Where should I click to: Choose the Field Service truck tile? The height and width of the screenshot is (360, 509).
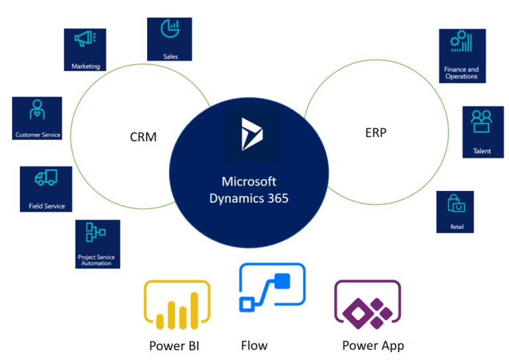click(46, 188)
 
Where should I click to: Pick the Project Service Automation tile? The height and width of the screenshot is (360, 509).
click(98, 244)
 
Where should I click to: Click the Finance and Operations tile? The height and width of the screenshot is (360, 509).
click(462, 56)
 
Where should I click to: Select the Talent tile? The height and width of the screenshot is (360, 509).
click(482, 131)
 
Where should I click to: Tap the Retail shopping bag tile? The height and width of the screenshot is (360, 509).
click(456, 211)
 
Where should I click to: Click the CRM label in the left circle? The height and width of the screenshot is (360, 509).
click(143, 138)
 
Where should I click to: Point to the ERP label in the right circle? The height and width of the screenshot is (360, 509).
click(375, 133)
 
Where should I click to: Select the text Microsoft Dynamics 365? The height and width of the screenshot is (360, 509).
click(249, 190)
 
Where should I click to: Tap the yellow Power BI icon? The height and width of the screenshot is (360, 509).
click(176, 306)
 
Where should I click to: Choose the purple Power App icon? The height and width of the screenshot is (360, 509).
click(367, 306)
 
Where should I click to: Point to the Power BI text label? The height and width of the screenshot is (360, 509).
click(174, 345)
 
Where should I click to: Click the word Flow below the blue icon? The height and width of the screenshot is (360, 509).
click(254, 345)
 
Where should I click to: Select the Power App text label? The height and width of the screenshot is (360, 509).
click(372, 345)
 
